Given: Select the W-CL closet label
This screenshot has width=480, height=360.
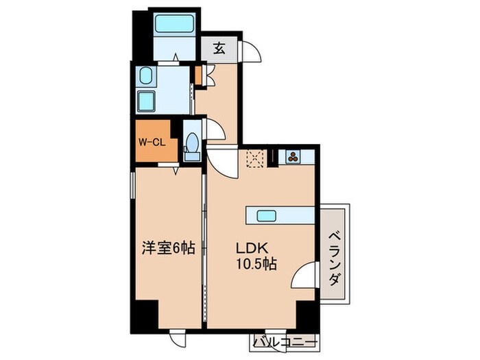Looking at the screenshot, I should click(x=151, y=143).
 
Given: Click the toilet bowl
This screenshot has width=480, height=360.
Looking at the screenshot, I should click(x=192, y=145).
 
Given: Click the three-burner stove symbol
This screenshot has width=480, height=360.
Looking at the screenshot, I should click(x=293, y=156).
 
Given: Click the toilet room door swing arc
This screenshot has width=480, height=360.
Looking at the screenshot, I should click(x=215, y=130).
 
